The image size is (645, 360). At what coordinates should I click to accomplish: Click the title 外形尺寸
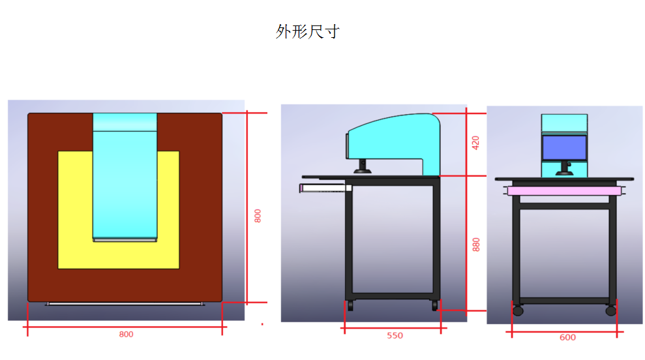307,32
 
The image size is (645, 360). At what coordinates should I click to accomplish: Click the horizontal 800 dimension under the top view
126,335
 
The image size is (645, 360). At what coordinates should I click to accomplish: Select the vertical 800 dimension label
258,216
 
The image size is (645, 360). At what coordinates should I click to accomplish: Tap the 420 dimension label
475,143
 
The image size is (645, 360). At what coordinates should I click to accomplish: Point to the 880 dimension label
476,245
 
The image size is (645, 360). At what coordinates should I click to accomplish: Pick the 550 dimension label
395,336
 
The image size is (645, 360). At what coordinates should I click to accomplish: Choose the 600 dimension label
567,338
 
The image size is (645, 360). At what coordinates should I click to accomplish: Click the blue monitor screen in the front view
564,147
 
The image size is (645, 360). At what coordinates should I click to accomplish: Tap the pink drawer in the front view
564,191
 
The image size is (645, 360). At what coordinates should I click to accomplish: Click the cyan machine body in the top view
125,177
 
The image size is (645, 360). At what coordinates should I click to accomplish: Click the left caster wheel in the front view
518,310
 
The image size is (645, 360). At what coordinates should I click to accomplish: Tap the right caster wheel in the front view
611,310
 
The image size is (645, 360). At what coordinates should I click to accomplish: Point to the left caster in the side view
350,306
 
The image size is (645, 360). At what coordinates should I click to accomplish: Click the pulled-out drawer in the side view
325,188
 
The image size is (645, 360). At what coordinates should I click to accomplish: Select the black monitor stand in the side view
363,166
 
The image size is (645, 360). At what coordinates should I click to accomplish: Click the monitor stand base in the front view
564,174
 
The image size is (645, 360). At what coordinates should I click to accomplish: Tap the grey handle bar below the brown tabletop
125,304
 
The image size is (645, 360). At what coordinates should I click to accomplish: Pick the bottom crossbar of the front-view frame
564,301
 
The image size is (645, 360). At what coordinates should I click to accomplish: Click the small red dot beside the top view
262,324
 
